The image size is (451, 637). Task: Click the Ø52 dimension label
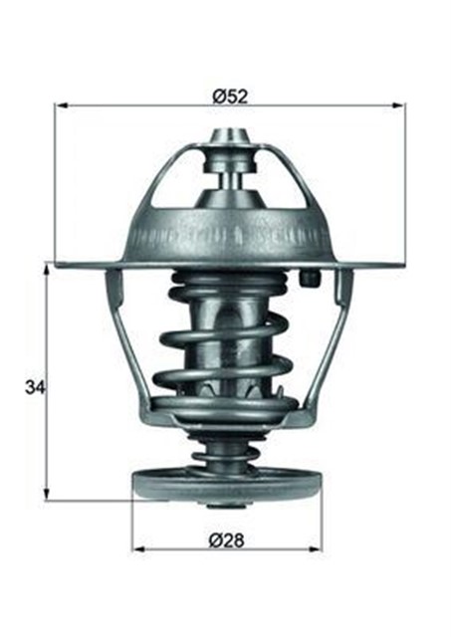tap(229, 97)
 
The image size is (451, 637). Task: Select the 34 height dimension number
tap(34, 383)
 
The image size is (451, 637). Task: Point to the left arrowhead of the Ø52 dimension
tap(61, 104)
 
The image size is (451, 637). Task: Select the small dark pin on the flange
tap(311, 279)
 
